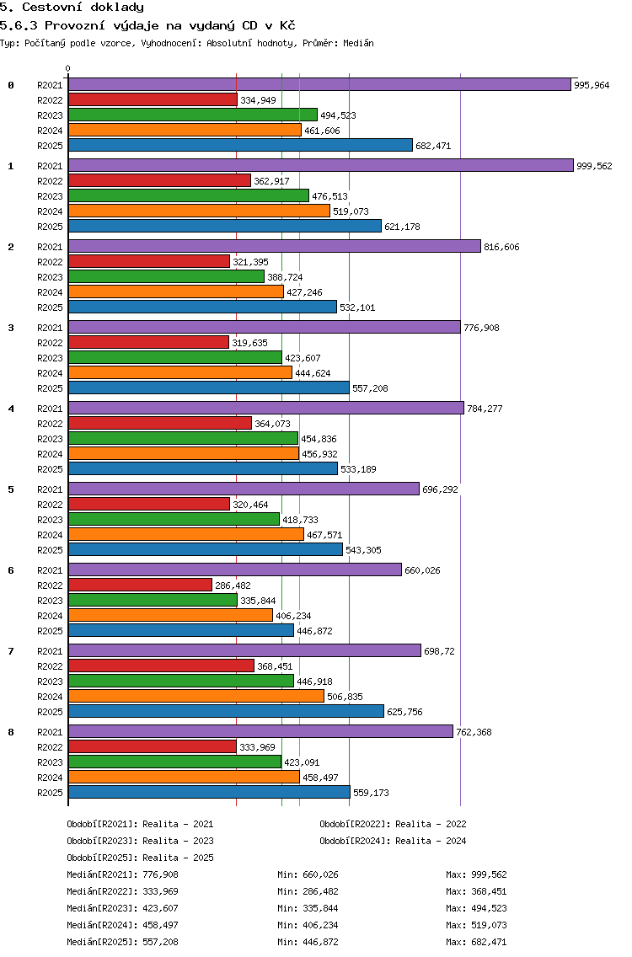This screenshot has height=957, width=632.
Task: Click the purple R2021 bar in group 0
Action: [x=319, y=84]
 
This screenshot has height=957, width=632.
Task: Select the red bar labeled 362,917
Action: [x=159, y=180]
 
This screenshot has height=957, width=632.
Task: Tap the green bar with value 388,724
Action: [x=166, y=276]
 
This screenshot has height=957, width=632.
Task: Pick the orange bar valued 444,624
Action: [x=180, y=372]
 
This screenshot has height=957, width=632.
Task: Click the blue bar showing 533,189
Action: [x=203, y=468]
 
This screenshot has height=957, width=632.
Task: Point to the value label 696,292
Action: [x=440, y=489]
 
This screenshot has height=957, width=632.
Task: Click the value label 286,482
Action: [x=233, y=585]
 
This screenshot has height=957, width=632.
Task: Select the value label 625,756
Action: [x=404, y=712]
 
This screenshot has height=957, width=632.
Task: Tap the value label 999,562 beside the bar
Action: [x=594, y=166]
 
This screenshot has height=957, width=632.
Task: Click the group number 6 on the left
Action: [x=11, y=570]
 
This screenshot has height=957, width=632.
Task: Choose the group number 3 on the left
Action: [x=11, y=328]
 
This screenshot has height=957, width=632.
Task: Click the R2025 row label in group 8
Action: [x=50, y=793]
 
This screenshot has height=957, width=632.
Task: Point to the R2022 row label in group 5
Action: [x=50, y=505]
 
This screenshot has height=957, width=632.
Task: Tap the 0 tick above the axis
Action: [x=67, y=69]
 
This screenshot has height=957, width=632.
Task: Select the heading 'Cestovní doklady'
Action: [x=83, y=8]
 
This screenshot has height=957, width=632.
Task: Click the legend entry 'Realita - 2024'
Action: [x=431, y=841]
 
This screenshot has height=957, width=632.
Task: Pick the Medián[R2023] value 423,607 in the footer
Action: [x=161, y=908]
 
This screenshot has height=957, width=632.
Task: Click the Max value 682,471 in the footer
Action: [x=489, y=942]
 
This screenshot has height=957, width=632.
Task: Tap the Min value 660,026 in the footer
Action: [x=320, y=874]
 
